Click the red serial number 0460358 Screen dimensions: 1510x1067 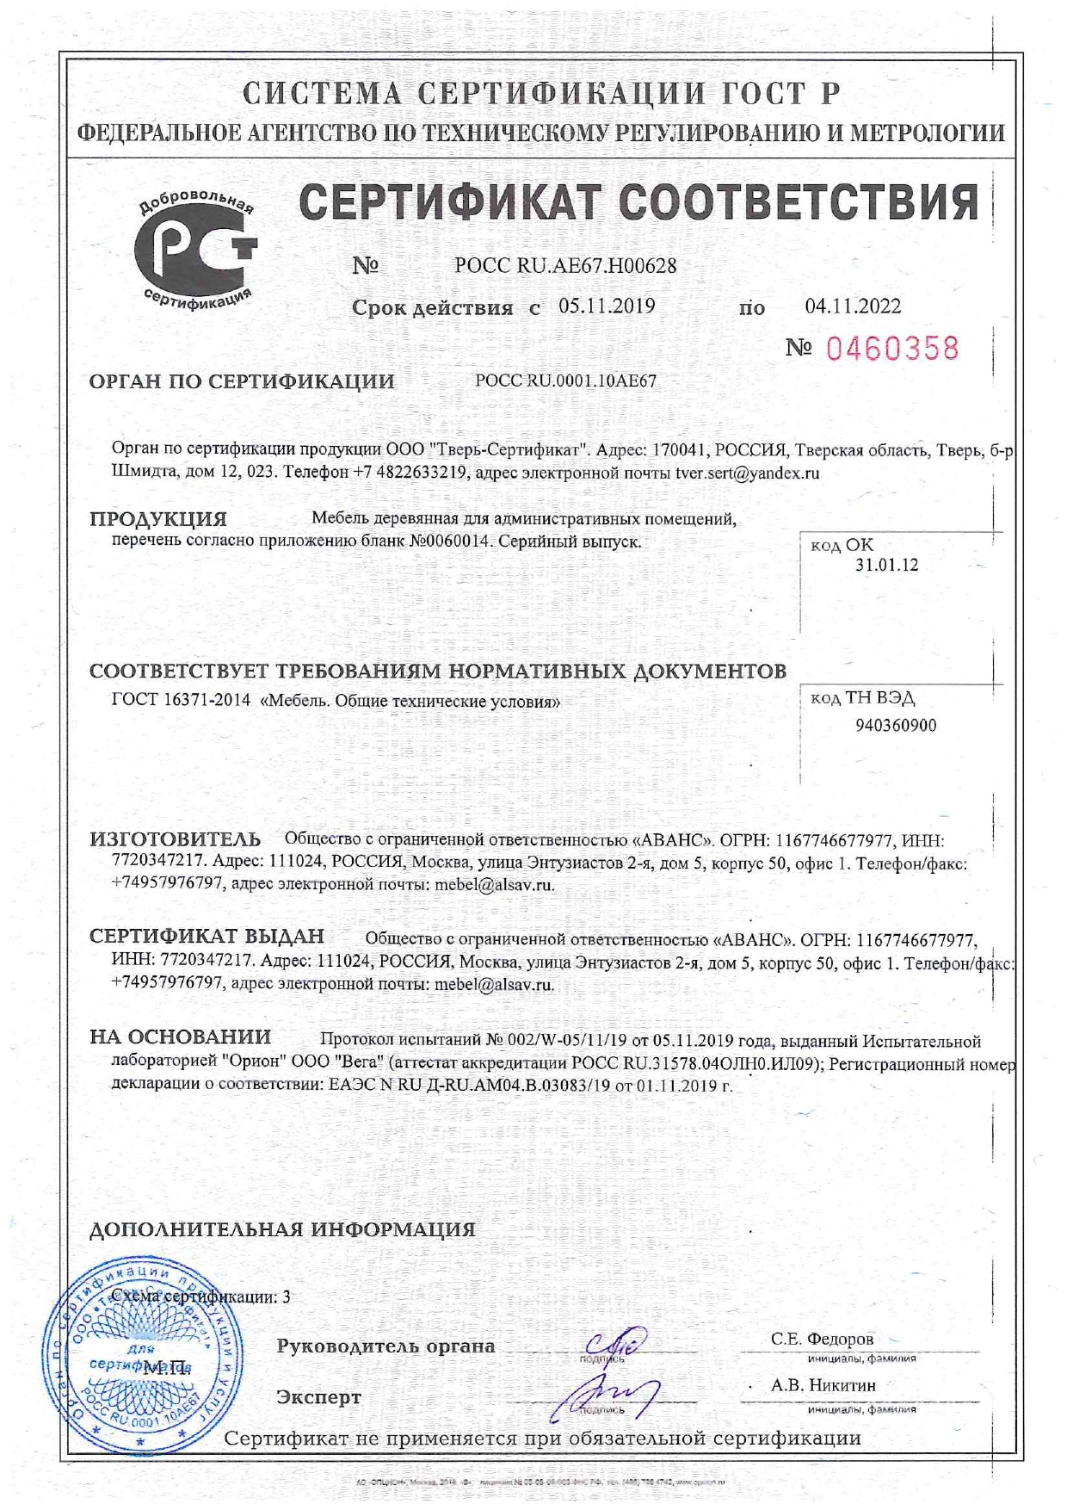pos(891,349)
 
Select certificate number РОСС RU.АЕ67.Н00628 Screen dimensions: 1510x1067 pos(565,266)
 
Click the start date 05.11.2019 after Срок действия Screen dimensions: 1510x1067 pos(607,306)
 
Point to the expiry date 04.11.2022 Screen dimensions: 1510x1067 pos(853,306)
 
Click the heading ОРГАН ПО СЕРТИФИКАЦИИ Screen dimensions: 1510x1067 pos(242,381)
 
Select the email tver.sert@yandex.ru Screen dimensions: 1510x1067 pos(747,473)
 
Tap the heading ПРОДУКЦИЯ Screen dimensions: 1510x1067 pos(158,519)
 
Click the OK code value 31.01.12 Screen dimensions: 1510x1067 pos(886,566)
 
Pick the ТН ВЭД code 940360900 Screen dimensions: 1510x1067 pos(896,726)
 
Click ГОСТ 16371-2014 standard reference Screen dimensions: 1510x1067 pos(181,701)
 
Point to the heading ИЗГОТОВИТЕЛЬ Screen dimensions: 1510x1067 pos(175,839)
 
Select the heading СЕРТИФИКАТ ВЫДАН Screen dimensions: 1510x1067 pos(207,937)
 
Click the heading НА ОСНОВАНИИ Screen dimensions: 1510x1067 pos(180,1038)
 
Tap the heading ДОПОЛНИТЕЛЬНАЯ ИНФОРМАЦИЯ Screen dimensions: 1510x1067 pos(282,1229)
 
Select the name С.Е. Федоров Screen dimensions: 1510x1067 pos(822,1339)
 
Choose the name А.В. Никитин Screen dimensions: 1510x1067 pos(823,1385)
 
